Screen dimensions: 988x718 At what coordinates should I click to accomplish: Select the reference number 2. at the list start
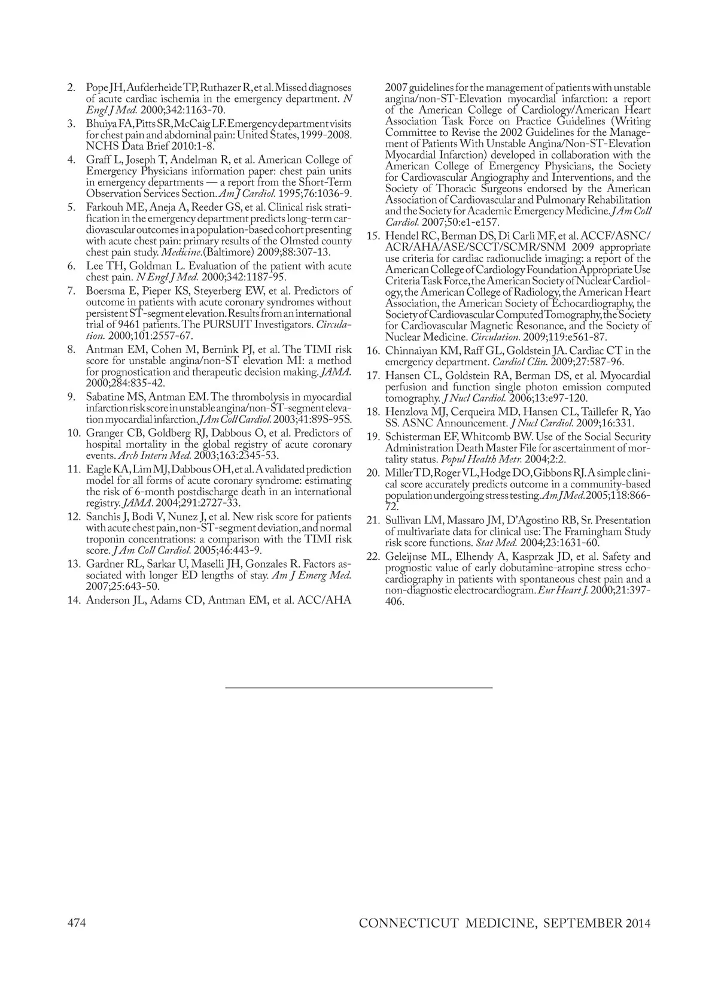point(71,88)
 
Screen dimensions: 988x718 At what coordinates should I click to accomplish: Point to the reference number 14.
point(74,599)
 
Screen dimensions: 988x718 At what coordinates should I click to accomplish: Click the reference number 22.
point(373,556)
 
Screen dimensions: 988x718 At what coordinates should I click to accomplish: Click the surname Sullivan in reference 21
point(404,520)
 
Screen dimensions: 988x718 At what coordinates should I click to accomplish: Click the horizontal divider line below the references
point(359,687)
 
